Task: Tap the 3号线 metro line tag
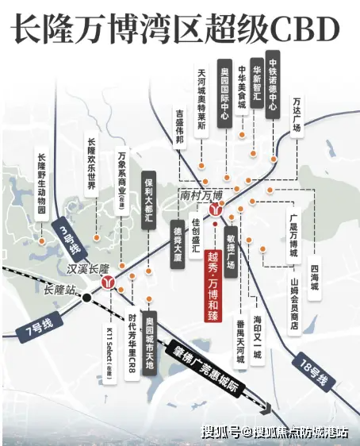pos(68,235)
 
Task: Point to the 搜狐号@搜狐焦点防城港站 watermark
pos(274,433)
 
